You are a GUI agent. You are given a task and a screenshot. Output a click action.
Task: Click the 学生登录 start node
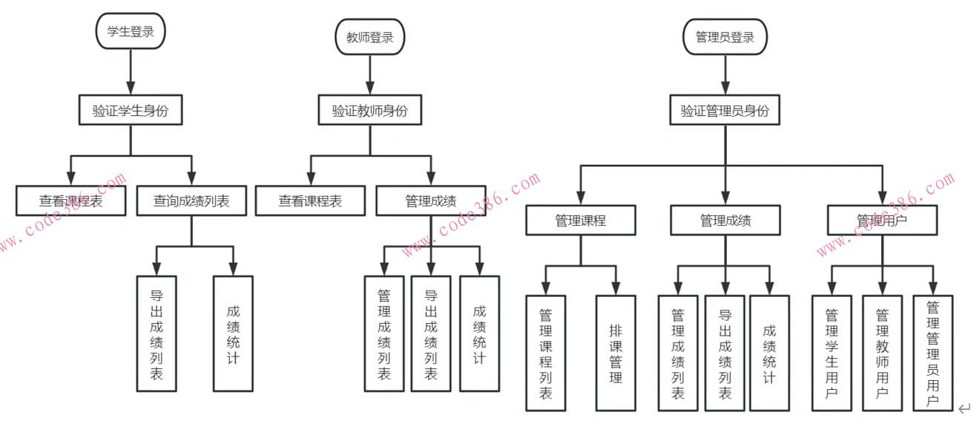point(130,31)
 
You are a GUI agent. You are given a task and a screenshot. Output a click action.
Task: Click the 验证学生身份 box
point(131,111)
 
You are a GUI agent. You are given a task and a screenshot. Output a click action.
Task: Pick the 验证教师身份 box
point(369,111)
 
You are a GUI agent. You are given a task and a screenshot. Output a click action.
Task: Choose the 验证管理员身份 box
point(725,111)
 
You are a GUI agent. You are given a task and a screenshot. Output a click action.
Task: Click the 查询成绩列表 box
point(191,201)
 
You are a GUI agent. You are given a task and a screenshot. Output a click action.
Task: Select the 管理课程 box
point(581,221)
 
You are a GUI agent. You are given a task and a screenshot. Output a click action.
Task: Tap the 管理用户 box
point(882,221)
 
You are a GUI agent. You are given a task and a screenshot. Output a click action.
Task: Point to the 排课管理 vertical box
point(616,353)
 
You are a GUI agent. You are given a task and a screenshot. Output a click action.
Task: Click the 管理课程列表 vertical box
point(546,353)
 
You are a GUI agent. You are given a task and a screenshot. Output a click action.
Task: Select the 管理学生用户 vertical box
point(832,353)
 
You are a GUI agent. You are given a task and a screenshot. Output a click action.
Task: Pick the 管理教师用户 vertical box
point(882,353)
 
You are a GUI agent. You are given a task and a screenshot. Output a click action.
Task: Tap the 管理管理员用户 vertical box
point(932,353)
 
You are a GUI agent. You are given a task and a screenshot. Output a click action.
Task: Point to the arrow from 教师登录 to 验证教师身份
point(369,74)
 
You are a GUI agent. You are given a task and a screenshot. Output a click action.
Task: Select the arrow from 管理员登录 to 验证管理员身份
point(725,74)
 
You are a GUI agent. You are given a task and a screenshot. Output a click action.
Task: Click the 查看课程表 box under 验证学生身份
point(70,201)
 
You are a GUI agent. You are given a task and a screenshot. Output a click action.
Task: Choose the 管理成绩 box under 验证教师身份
point(431,201)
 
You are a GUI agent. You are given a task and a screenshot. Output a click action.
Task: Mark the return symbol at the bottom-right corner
point(964,408)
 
